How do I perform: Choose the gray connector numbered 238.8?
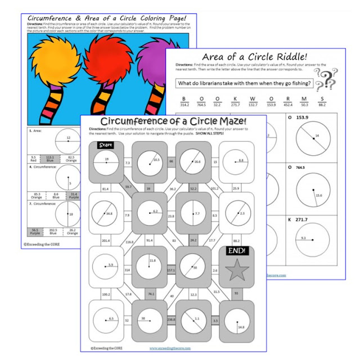172,322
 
